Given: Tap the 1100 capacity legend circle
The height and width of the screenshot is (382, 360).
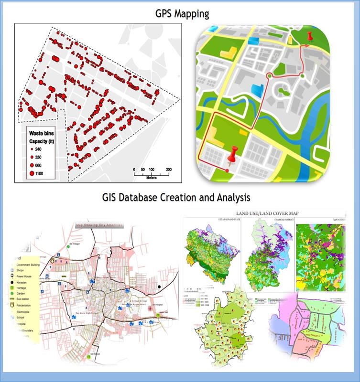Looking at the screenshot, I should pos(32,173).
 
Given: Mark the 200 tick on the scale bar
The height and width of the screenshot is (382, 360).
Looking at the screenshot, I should pos(169,170).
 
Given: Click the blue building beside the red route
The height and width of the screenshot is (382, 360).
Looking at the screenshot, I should pos(257,89).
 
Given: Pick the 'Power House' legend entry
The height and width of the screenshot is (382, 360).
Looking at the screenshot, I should pos(25,276).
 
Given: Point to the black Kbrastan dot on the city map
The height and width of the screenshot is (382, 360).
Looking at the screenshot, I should pos(158,287).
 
